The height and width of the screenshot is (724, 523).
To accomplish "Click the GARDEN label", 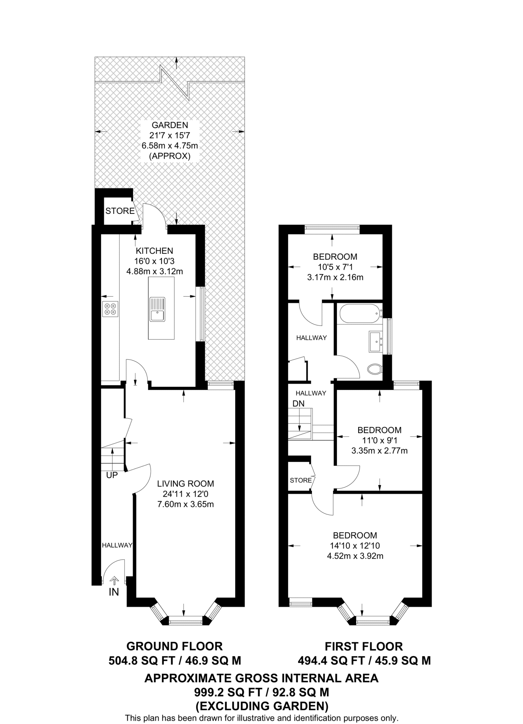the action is point(170,125).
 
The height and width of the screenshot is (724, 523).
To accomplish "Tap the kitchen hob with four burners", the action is point(110,309).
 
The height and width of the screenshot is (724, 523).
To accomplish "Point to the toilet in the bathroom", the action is point(375,369).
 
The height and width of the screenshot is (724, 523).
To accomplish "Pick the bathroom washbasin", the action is point(376,341).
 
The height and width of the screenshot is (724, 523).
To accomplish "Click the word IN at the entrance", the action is point(114,592).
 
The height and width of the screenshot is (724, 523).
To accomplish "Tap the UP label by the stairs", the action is point(112,475).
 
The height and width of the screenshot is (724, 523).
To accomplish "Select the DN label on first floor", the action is point(298,403).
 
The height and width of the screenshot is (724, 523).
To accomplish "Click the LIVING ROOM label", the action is point(186,484).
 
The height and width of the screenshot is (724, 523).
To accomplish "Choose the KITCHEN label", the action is point(155,251).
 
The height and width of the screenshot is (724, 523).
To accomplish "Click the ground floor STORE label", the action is point(120,211).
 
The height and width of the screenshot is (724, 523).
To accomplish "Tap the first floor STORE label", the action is point(301,480).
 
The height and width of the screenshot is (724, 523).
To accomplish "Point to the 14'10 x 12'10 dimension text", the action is point(355,545).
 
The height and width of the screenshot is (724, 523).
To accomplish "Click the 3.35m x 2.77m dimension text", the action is point(379,451).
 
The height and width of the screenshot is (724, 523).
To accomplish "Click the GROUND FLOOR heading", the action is point(175,646).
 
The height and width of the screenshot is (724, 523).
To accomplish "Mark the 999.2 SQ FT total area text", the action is point(262,691).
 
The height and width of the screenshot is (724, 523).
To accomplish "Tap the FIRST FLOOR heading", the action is point(364,646).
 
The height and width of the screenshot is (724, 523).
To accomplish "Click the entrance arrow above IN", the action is point(114,581).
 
